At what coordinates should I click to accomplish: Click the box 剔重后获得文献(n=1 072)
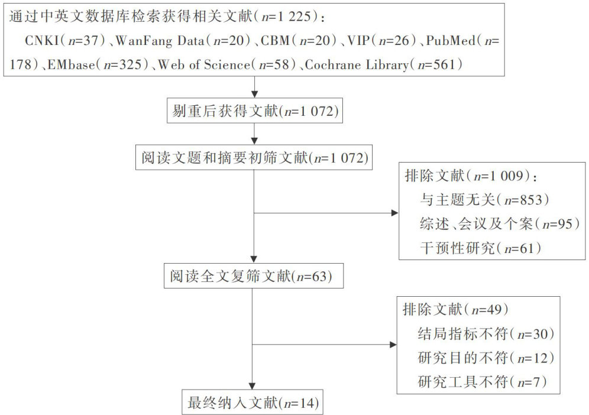254,111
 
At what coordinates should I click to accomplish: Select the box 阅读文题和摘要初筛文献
254,157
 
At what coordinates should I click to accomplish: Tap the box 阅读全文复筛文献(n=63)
254,276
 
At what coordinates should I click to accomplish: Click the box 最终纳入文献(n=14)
254,403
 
